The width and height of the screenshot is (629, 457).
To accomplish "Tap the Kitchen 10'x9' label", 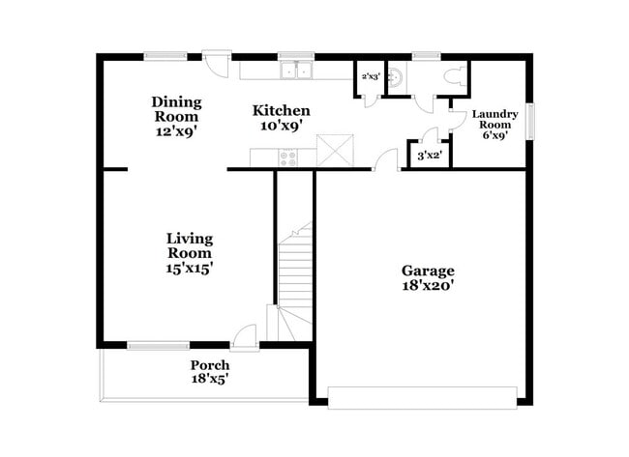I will tap(282, 117).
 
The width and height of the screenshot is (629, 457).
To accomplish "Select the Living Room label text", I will tap(190, 253).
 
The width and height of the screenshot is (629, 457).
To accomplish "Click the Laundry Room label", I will tap(495, 125).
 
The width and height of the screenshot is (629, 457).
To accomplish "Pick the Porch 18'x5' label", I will tap(210, 372).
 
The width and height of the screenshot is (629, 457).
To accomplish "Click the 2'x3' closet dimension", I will tap(369, 75).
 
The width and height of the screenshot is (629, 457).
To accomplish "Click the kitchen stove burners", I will tap(289, 157).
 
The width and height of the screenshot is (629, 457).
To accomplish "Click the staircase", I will tap(295, 280).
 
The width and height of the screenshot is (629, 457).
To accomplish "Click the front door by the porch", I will tap(248, 335).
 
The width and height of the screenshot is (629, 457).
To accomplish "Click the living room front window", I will tap(159, 345).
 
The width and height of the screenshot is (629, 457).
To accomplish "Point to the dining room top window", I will tap(159, 56).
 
